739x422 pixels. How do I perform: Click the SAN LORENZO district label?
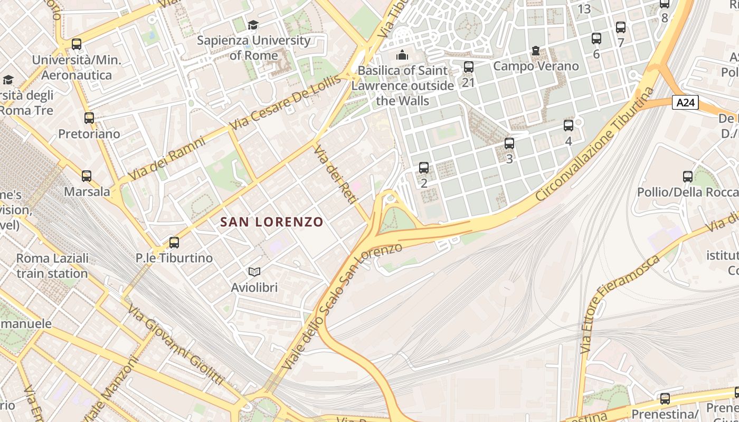point(271,222)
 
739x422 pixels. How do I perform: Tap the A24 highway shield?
point(685,102)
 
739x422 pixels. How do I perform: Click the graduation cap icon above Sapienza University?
point(253,25)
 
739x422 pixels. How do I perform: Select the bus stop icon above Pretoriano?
point(89,118)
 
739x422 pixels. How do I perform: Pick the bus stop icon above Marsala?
point(87,176)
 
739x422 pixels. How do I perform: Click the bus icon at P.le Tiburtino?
point(174,243)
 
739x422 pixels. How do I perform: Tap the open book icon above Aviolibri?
point(254,272)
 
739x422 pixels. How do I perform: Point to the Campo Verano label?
point(536,66)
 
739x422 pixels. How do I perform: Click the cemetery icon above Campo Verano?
point(536,51)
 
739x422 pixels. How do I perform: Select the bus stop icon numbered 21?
point(469,67)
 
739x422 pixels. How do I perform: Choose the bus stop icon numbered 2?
point(424,168)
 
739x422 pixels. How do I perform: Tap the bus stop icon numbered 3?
point(509,143)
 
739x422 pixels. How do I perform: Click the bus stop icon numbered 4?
point(569,126)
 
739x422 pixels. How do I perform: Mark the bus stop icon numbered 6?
point(596,39)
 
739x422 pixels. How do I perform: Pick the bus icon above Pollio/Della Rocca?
point(688,177)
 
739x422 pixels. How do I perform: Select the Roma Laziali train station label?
point(52,266)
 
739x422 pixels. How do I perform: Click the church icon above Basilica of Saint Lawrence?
point(402,55)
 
